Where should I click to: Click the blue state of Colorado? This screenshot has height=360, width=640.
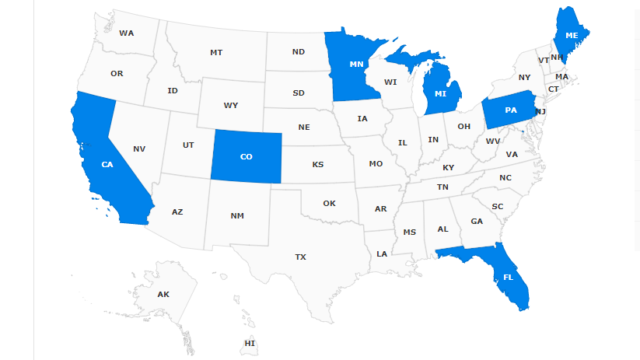tap(246, 156)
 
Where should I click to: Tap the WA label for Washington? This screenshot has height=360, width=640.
tap(127, 33)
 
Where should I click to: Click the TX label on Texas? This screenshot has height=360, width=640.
tap(300, 257)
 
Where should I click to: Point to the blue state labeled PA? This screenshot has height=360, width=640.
tap(510, 110)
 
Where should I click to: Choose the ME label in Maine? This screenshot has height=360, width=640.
tap(572, 36)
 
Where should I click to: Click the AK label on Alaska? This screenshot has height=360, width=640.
tap(163, 294)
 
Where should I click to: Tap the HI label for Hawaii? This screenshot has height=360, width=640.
tap(250, 343)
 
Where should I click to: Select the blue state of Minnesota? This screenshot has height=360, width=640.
tap(356, 64)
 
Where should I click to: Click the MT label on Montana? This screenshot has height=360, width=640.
tap(216, 52)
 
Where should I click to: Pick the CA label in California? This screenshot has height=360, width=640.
tap(107, 164)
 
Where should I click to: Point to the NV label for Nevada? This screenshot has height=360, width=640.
tap(139, 149)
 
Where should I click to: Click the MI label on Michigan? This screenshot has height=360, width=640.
tap(440, 94)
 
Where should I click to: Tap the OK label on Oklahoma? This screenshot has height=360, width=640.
tap(329, 203)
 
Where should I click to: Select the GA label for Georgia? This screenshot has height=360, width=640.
tap(477, 221)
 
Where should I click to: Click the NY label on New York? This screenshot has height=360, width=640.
tap(524, 77)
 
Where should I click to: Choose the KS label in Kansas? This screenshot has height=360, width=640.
tap(317, 165)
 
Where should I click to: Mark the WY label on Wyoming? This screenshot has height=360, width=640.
tap(231, 105)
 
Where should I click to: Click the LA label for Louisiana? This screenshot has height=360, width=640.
tap(382, 253)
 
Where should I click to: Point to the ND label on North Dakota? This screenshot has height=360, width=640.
tap(299, 52)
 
